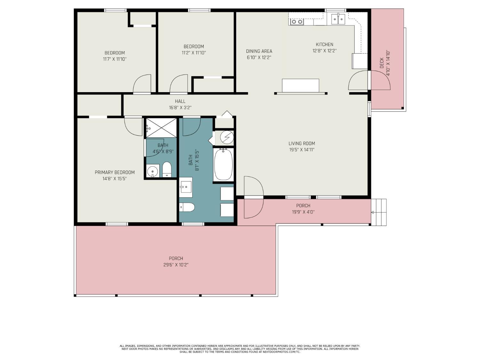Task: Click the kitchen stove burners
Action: tap(297, 22)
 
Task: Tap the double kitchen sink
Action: tap(338, 19)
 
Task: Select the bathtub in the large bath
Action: tap(223, 164)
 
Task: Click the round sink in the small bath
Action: tap(152, 172)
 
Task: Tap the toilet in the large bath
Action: tap(187, 207)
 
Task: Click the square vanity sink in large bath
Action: tap(186, 187)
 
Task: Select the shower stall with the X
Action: tap(161, 128)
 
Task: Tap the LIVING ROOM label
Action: tap(301, 143)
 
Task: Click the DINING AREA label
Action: tap(259, 51)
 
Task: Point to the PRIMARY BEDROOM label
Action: tap(115, 172)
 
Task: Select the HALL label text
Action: tap(180, 101)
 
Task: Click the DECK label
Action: tap(382, 63)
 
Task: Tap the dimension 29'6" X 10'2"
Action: tap(176, 265)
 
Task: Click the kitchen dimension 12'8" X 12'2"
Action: tap(324, 51)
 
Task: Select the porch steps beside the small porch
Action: tap(379, 212)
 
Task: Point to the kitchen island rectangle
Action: tap(300, 85)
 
